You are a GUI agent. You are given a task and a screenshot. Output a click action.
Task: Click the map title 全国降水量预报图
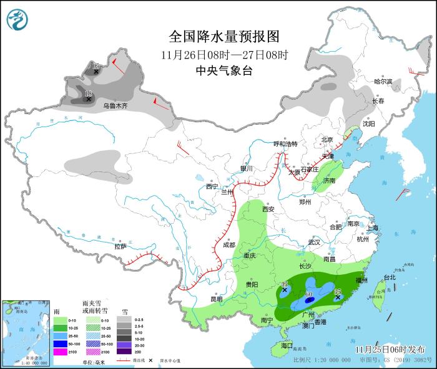223,36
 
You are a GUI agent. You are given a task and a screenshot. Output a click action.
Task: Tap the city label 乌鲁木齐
115,106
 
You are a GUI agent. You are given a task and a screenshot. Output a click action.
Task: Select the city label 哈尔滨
383,82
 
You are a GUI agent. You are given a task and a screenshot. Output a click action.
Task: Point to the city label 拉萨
120,246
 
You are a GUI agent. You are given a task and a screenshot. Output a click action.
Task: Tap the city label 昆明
216,299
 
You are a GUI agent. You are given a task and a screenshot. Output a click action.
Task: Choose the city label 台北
390,277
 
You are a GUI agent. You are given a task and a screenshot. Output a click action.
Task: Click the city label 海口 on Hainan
287,345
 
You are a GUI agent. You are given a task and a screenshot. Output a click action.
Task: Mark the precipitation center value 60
309,294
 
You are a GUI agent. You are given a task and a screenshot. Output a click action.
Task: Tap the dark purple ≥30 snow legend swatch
125,353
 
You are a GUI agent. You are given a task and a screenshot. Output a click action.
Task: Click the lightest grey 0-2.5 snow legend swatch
125,319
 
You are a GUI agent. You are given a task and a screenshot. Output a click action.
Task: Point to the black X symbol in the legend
150,361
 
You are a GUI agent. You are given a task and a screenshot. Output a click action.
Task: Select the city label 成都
230,245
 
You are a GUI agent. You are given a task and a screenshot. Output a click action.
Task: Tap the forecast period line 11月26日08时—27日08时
223,54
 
